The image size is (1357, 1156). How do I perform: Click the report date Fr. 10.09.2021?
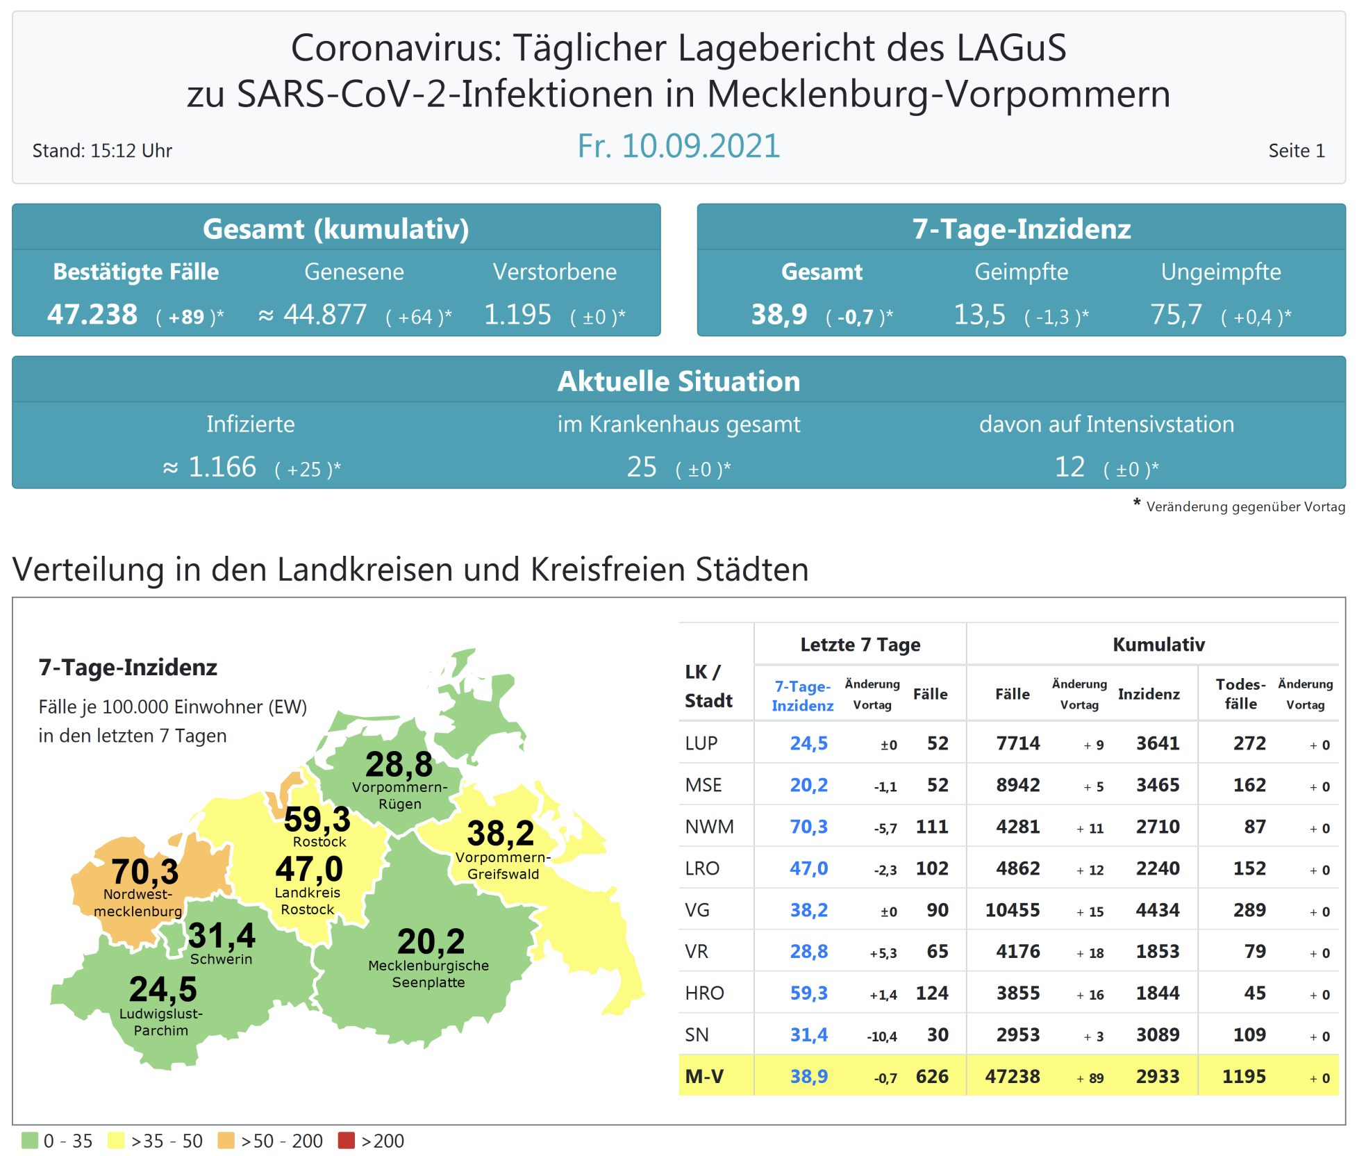[678, 147]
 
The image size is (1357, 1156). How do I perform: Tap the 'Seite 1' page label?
[1296, 151]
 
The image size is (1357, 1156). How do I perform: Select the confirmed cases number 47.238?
[92, 315]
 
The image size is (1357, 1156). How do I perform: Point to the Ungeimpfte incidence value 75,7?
[1176, 315]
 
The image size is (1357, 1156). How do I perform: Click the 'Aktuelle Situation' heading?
[678, 381]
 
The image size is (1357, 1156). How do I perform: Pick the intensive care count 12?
[1069, 467]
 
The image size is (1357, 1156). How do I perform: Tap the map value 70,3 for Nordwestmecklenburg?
[144, 871]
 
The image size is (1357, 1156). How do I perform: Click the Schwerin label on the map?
[221, 959]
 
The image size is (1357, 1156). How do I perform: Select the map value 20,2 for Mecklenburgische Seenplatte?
[431, 942]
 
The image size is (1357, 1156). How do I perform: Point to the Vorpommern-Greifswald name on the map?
[503, 866]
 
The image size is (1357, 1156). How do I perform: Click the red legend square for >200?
[346, 1140]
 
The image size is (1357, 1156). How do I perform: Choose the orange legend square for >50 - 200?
[226, 1140]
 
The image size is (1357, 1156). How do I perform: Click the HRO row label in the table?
[704, 993]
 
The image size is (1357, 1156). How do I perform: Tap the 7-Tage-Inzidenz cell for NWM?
[808, 827]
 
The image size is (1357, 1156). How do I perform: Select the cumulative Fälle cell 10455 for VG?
[1012, 910]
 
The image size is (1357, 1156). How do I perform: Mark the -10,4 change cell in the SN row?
[881, 1037]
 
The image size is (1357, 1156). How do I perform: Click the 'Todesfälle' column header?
[1240, 693]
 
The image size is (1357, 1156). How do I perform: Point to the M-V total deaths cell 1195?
[1244, 1077]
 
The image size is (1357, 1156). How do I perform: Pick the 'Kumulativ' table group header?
[1158, 645]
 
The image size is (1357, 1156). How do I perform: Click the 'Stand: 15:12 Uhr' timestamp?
[102, 151]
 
